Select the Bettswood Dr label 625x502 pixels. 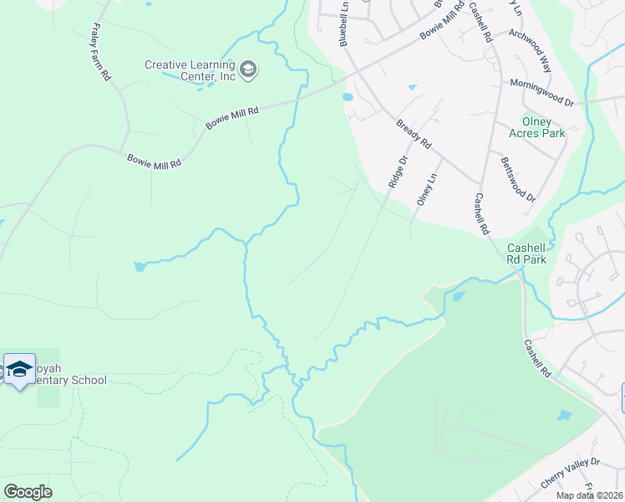click(517, 178)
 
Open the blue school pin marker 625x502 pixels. click(19, 369)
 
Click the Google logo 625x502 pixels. click(28, 492)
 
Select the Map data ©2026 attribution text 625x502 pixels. click(589, 495)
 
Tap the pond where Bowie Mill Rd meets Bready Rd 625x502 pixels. click(348, 97)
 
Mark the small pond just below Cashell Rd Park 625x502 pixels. click(457, 295)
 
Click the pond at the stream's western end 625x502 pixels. click(138, 267)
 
